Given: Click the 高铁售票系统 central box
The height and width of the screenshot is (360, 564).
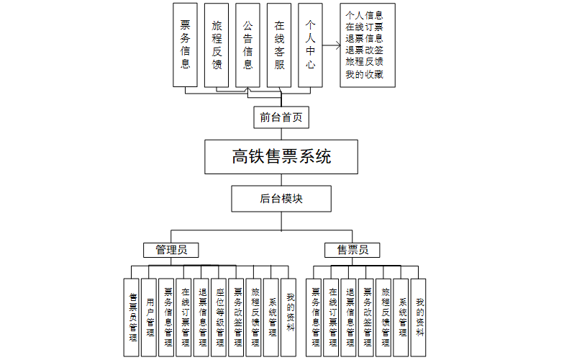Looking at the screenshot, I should coord(281,157).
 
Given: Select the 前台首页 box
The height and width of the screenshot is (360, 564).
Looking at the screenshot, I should coord(281,117).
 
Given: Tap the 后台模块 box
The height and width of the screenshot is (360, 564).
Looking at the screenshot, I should coord(281,199).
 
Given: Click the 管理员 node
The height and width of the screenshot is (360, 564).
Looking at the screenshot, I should coord(171,250).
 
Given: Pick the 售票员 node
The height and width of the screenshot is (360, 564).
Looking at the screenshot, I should coord(352,250).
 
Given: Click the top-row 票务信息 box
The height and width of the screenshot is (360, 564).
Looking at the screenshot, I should coord(185,44).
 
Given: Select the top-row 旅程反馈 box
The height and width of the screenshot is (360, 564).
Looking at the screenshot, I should coord(217,44).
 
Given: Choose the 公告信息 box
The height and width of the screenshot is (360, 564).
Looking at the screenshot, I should coord(247,44).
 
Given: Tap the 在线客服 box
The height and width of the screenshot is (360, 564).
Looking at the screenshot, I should coord(279,44).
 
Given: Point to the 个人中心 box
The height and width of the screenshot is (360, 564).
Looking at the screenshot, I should coord(310,44).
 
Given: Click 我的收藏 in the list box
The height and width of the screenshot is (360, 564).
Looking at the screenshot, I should coord(364,73).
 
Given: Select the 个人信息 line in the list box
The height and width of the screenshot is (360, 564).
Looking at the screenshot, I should coord(364,14).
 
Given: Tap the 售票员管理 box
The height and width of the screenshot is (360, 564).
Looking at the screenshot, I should coord(132,317).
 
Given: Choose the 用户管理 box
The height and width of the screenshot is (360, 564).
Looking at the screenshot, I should coord(150,317).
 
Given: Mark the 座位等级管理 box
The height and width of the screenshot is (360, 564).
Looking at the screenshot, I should coord(220,317).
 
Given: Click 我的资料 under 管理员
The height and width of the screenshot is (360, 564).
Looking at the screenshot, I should coord(290,317).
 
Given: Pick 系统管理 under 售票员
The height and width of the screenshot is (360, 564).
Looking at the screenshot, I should coord(402,317).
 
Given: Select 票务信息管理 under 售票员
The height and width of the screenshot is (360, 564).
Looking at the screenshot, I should coord(315,317).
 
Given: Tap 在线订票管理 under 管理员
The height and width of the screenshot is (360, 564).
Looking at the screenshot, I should coord(185,317).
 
